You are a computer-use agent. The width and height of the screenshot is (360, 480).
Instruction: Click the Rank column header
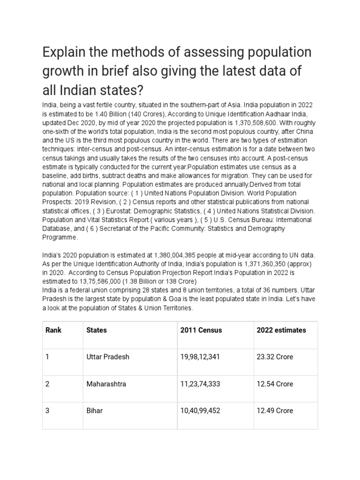(x=53, y=330)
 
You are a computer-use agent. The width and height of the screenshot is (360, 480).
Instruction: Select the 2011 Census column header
(x=201, y=330)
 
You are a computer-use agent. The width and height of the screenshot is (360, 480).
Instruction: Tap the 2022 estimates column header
(x=281, y=330)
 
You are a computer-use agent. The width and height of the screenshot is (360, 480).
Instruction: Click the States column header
(x=97, y=330)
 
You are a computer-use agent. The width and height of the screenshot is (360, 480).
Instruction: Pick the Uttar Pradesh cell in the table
(x=108, y=357)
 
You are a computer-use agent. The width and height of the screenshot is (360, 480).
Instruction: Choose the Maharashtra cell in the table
(x=106, y=384)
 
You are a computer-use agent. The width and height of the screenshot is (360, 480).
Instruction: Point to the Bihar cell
(x=95, y=411)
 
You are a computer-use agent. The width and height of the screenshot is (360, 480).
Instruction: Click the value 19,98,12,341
(x=200, y=357)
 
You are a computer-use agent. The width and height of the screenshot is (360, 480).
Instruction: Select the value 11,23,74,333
(x=200, y=384)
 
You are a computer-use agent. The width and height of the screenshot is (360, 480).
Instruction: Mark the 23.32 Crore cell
(x=275, y=357)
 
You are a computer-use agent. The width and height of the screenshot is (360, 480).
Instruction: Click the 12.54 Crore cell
(x=275, y=384)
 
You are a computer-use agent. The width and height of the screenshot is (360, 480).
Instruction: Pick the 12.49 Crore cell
(x=275, y=411)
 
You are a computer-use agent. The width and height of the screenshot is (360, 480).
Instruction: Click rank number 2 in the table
(x=47, y=384)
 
